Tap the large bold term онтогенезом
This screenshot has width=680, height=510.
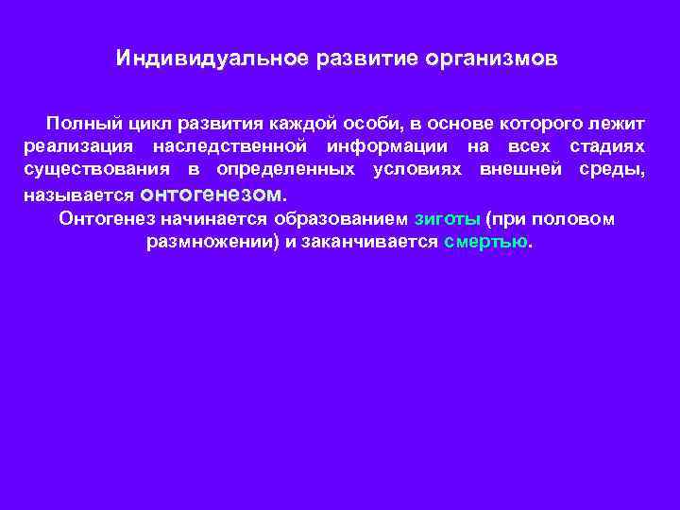[213, 195]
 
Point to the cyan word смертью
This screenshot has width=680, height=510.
[484, 241]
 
